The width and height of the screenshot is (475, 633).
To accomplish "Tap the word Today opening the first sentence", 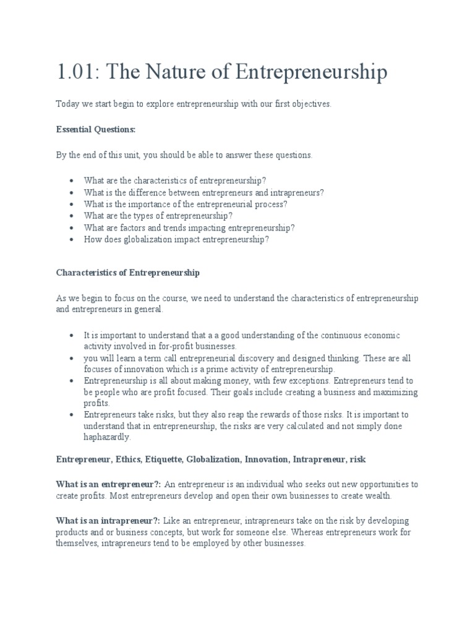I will (x=68, y=104).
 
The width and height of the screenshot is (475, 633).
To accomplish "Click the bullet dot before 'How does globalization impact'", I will (x=72, y=239).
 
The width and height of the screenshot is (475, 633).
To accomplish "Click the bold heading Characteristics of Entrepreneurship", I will (x=128, y=272).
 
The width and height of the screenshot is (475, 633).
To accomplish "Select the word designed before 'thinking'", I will (x=307, y=359).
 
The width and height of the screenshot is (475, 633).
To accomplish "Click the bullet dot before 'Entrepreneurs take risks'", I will (x=72, y=414).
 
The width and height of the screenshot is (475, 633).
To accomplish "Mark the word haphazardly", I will (x=108, y=437).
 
